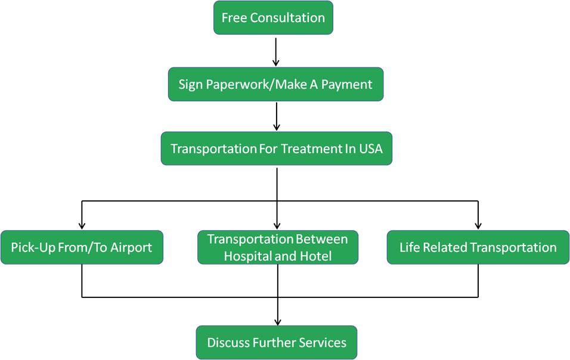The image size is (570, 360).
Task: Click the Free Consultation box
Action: pos(273,18)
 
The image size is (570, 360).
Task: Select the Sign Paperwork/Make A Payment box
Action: pos(275,84)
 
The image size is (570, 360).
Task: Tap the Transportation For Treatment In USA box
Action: pos(276,148)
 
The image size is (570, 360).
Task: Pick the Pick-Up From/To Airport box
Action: pos(81,247)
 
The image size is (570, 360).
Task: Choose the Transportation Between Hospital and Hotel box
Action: pos(277,247)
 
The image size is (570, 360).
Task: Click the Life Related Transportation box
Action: pos(478,247)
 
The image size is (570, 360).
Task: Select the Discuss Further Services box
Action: pos(277,343)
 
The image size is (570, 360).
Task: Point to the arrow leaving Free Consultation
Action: pos(275,51)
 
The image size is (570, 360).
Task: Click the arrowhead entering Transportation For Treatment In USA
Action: pos(276,127)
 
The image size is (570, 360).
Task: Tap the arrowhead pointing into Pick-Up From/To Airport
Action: pos(82,225)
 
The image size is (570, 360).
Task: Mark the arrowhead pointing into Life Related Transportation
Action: pos(478,225)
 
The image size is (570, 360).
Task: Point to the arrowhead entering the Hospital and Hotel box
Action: pos(277,225)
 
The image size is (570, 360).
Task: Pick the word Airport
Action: pos(131,247)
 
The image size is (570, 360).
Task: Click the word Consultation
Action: pos(287,18)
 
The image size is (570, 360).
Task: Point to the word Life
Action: pos(410,247)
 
